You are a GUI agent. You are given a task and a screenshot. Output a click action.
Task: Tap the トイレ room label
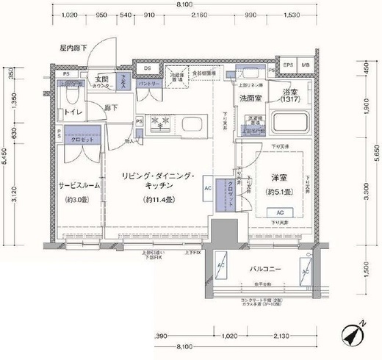(73, 113)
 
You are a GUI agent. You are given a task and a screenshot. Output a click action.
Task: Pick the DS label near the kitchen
(147, 69)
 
